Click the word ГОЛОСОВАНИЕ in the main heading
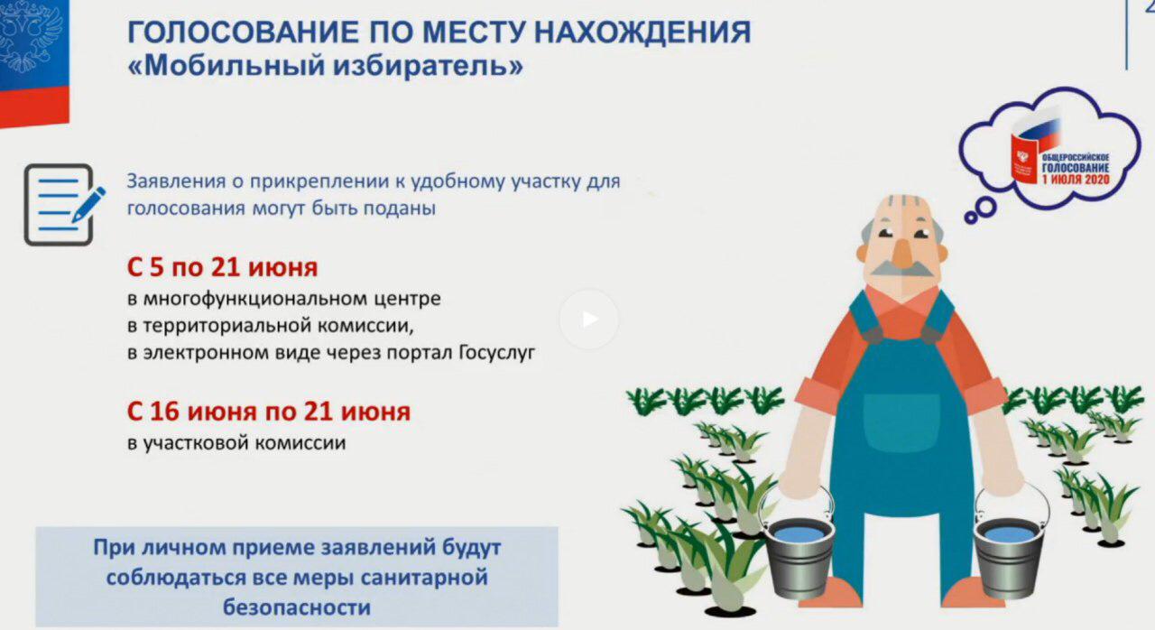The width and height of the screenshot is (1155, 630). [x=244, y=32]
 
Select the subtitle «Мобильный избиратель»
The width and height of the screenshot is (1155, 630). [x=326, y=66]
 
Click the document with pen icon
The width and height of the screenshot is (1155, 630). [x=64, y=205]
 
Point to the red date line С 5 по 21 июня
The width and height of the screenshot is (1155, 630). [x=222, y=267]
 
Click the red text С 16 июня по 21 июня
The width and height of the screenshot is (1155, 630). [x=269, y=412]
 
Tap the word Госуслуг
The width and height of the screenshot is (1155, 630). [x=497, y=353]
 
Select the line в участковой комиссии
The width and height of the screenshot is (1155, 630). [x=236, y=443]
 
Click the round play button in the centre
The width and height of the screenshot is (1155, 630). [x=589, y=320]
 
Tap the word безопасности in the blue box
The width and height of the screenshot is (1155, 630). [x=297, y=607]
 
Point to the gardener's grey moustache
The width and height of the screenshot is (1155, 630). [x=901, y=269]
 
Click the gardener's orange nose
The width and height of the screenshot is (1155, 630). [x=902, y=253]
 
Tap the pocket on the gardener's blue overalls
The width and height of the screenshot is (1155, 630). [x=901, y=421]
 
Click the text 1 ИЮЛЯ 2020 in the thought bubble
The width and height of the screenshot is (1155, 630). [x=1076, y=180]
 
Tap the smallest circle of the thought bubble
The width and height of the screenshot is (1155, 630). [x=971, y=217]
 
